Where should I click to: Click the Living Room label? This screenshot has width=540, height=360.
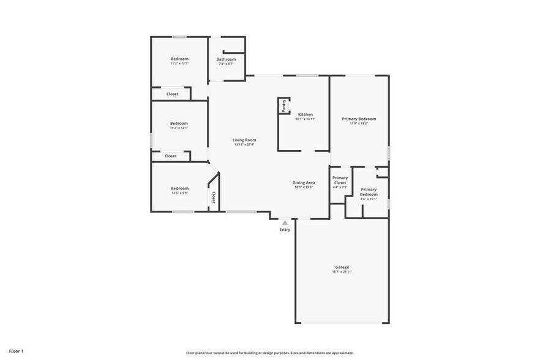[244, 140]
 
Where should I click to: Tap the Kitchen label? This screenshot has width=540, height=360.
[305, 114]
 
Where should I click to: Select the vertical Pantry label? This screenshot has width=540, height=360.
[283, 105]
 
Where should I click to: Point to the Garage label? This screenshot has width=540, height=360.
[342, 267]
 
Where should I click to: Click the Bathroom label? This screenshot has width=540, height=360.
[226, 59]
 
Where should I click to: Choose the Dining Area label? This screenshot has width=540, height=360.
[303, 182]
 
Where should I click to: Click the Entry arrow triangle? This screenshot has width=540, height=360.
[285, 223]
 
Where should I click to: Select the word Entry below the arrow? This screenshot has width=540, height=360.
[285, 230]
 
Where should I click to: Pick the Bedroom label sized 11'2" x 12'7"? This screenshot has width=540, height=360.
[179, 59]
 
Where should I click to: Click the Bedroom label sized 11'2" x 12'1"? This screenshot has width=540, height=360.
[179, 123]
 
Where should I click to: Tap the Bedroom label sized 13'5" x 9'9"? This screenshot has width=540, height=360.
[179, 188]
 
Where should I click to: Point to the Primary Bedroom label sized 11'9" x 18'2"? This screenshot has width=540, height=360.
[359, 119]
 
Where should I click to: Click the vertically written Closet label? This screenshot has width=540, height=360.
[214, 198]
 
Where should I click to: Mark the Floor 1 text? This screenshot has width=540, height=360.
[16, 351]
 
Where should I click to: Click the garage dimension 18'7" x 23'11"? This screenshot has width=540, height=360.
[342, 271]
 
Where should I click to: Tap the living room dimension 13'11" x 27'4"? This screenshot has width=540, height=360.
[244, 144]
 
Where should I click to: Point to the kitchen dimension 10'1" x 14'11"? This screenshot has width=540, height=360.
[305, 119]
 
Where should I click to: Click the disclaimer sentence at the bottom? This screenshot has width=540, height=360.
[269, 353]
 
